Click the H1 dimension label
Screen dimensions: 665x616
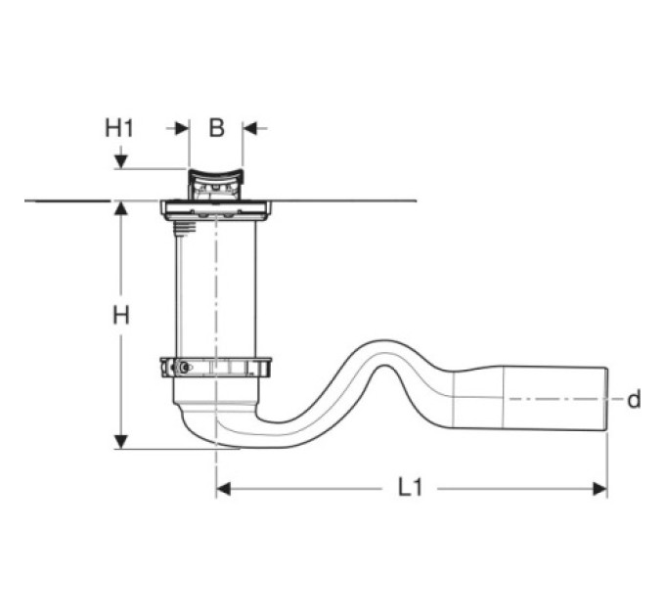point(119,128)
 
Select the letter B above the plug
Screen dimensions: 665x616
point(216,128)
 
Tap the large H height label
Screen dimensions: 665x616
point(121,316)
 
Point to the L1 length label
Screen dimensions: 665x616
point(411,488)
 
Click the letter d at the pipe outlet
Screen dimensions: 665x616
point(634,399)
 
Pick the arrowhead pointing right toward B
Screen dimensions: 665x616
point(182,128)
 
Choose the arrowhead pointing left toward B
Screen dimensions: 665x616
point(249,128)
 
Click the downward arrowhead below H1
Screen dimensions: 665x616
point(121,161)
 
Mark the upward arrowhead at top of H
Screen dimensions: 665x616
point(121,209)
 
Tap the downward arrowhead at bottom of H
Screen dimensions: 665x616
point(121,442)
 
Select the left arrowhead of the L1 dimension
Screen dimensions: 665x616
point(224,489)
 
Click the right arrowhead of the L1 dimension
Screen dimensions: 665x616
point(600,489)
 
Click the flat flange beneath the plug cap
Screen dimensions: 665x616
point(216,210)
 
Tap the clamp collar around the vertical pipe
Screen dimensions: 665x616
point(216,368)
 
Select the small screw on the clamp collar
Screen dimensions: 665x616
point(184,368)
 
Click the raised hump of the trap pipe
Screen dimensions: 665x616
point(383,348)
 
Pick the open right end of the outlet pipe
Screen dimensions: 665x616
point(606,399)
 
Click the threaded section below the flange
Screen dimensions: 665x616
point(185,227)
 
